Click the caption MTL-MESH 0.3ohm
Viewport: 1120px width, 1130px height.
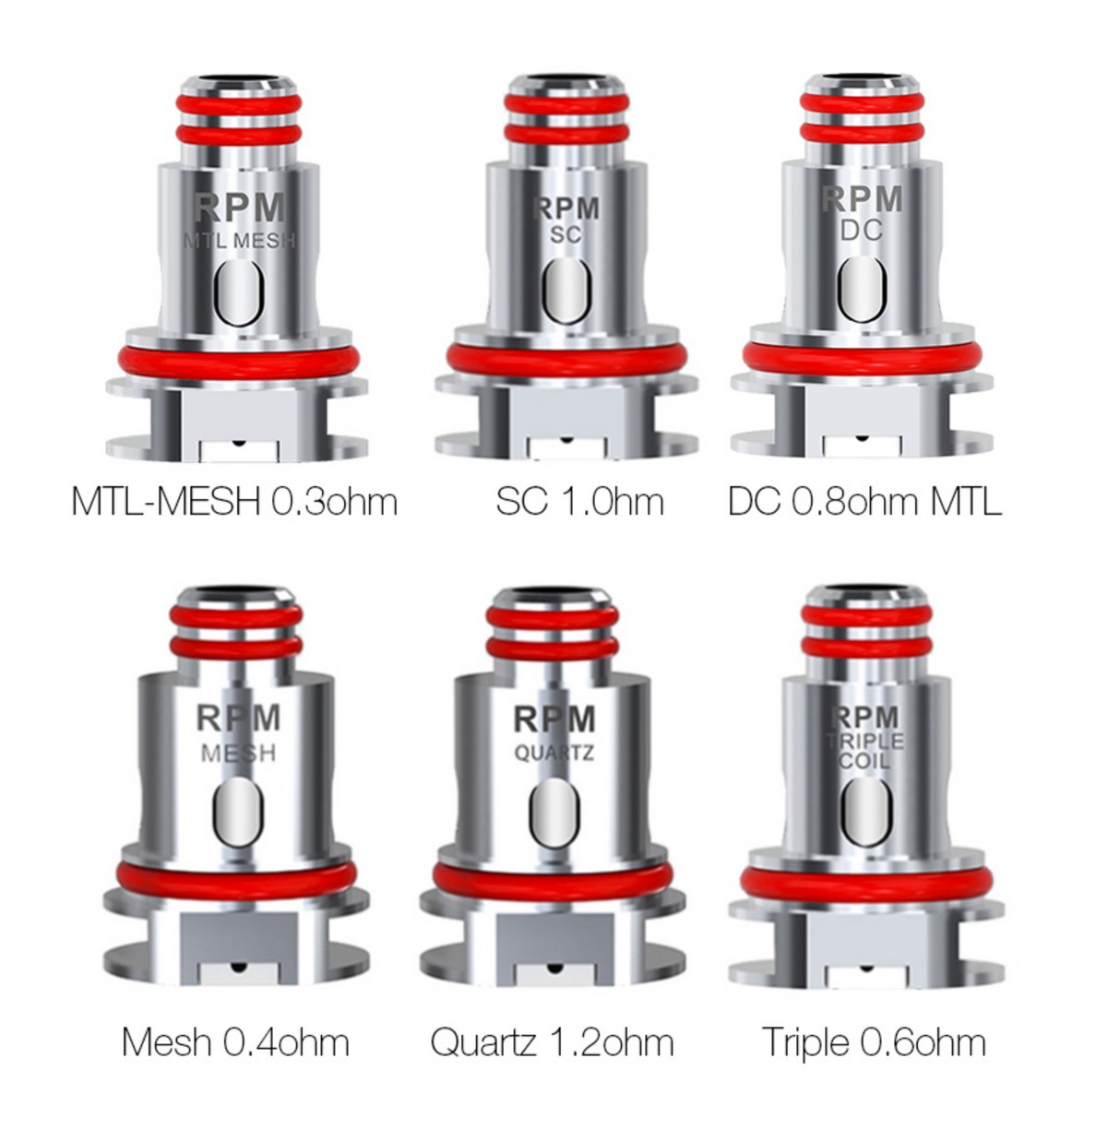coord(234,502)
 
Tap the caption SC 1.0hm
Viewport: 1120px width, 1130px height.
coord(578,502)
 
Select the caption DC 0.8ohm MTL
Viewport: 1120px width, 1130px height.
coord(864,502)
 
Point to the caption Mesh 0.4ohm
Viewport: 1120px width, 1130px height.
coord(235,1042)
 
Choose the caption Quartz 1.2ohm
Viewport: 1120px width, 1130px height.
coord(552,1042)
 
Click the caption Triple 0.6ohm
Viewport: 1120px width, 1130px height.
coord(873,1042)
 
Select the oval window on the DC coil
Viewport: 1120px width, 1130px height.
coord(863,287)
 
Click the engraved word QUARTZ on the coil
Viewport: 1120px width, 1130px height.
coord(554,755)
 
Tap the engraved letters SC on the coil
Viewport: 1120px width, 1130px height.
coord(566,235)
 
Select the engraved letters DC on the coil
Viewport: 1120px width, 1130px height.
coord(862,231)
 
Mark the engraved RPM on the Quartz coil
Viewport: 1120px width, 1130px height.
coord(554,720)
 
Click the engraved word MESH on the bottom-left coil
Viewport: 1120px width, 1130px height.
coord(238,754)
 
